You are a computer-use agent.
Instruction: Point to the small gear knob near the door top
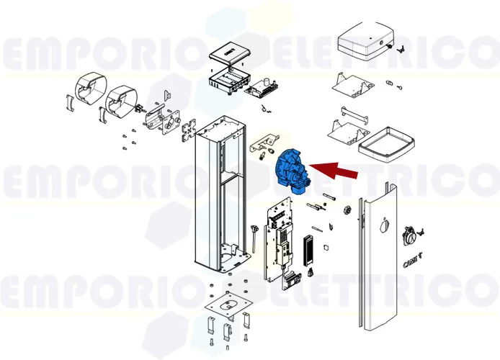(347, 210)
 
